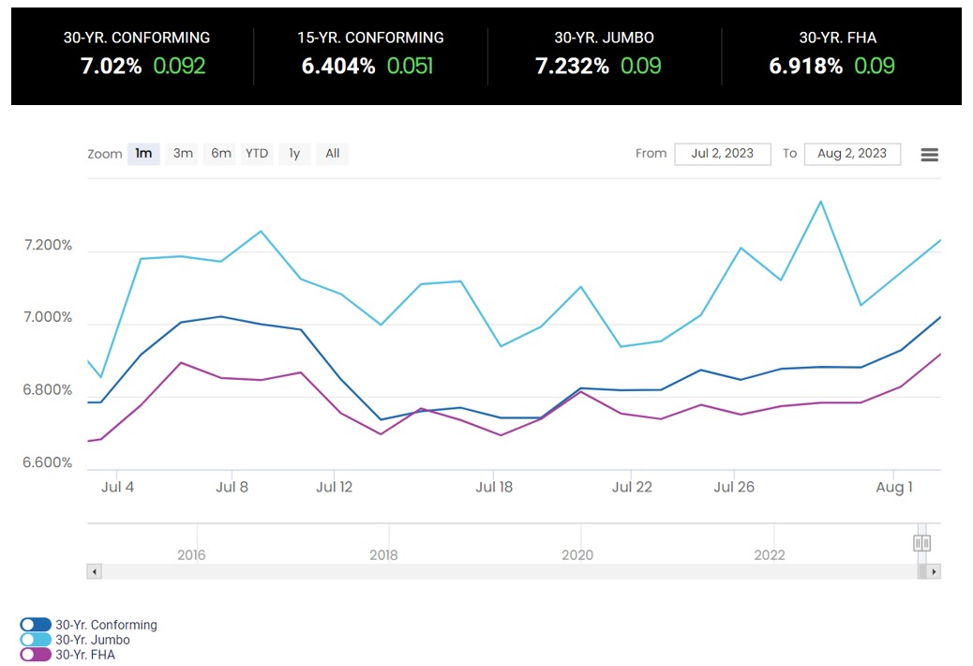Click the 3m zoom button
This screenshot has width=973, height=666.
coord(183,154)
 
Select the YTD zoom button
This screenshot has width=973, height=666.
coord(257,154)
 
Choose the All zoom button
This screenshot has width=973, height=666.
coord(333,154)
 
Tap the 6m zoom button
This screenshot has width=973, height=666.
coord(221,154)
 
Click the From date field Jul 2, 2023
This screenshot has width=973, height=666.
coord(722,154)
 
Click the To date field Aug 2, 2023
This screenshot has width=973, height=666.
coord(851,154)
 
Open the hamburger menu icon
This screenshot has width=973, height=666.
coord(929,155)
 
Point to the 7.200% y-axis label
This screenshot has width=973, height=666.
coord(47,246)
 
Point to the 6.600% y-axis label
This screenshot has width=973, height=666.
coord(47,463)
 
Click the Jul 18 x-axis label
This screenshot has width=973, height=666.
coord(494,487)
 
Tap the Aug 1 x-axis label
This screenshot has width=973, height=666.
coord(893,487)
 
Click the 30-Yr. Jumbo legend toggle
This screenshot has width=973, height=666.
coord(36,640)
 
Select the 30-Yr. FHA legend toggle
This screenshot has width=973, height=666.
coord(36,655)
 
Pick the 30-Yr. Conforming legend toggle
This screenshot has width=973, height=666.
coord(36,625)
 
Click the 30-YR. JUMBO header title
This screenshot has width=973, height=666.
coord(604,38)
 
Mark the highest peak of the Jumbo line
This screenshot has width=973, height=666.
coord(821,201)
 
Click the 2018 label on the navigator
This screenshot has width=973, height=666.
coord(383,554)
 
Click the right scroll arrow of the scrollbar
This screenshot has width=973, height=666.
coord(934,571)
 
